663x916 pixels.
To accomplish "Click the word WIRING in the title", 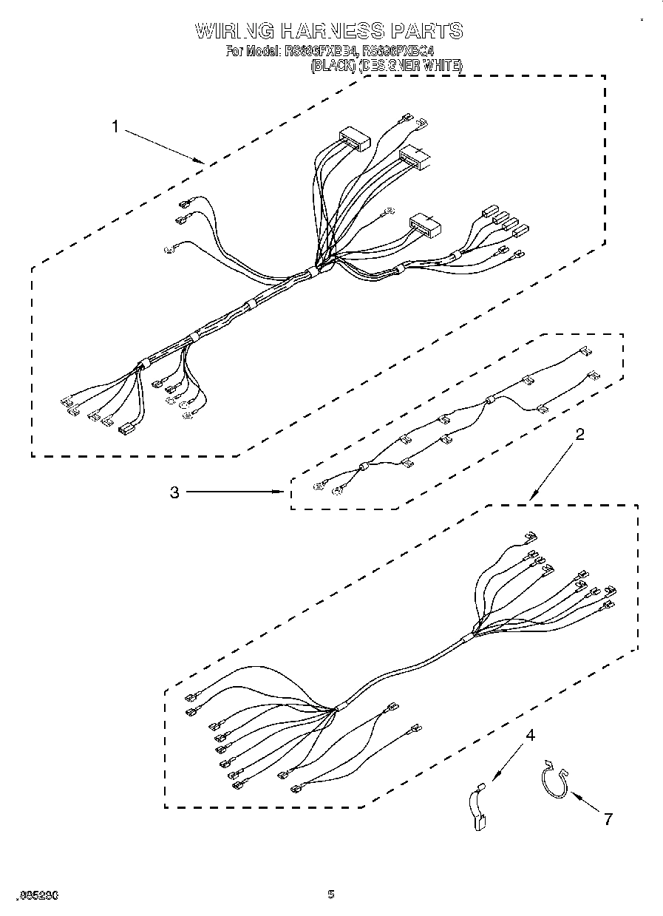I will coord(235,31).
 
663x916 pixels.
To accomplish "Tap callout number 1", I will coord(115,126).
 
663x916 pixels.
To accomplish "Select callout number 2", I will coord(579,434).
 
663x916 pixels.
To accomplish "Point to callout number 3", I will coord(174,492).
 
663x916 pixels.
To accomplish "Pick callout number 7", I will coord(608,818).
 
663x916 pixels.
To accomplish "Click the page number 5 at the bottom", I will coord(331,895).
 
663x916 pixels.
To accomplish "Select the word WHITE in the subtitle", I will coord(443,66).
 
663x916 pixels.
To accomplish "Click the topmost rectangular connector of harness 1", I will coord(353,138).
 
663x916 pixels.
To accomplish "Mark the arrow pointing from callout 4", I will coord(510,759).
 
